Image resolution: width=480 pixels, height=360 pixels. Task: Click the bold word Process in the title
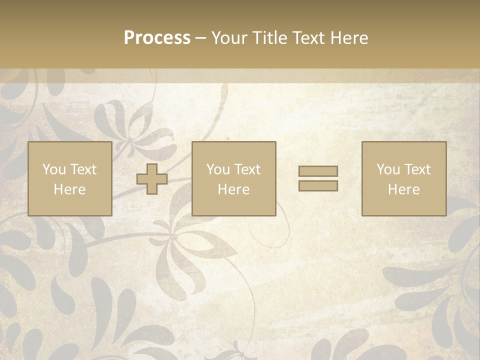coord(157,38)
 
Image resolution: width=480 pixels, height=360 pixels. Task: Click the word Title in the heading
coord(270,38)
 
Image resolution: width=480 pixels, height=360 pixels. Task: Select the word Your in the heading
coord(230,38)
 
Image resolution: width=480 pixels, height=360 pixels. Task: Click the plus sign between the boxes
coord(152,179)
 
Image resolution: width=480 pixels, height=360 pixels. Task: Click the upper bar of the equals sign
coord(318,171)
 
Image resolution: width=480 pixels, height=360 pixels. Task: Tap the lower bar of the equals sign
coord(318,185)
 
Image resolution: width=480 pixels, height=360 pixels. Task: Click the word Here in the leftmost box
coord(69,189)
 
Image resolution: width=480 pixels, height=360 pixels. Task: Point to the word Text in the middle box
coord(247,169)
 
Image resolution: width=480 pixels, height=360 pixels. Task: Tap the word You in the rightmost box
coord(388,169)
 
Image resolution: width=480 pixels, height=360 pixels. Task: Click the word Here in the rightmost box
coord(403,189)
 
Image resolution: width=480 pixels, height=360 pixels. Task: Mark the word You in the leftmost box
coord(54,169)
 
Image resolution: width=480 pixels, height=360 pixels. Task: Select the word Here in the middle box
coord(233,189)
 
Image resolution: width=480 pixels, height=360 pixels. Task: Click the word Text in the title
coord(308,38)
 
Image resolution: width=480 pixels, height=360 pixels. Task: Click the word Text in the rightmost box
coord(417,169)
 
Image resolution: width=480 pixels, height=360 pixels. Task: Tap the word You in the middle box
coord(218,169)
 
